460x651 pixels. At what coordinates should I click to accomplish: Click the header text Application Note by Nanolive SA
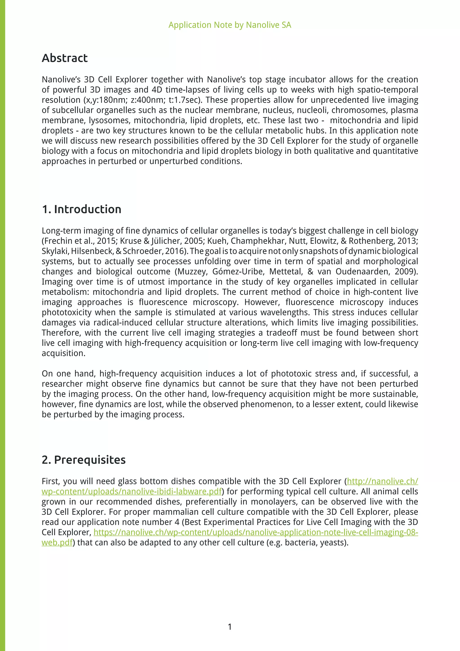(x=230, y=25)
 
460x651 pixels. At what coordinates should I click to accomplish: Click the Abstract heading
(x=65, y=58)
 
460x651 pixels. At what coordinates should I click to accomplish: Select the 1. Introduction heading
(x=82, y=209)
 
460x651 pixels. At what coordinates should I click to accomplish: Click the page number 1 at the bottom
(x=230, y=627)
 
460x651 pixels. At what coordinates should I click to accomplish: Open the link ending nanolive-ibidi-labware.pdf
(x=131, y=492)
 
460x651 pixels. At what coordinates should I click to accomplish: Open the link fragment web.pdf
(x=57, y=543)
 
